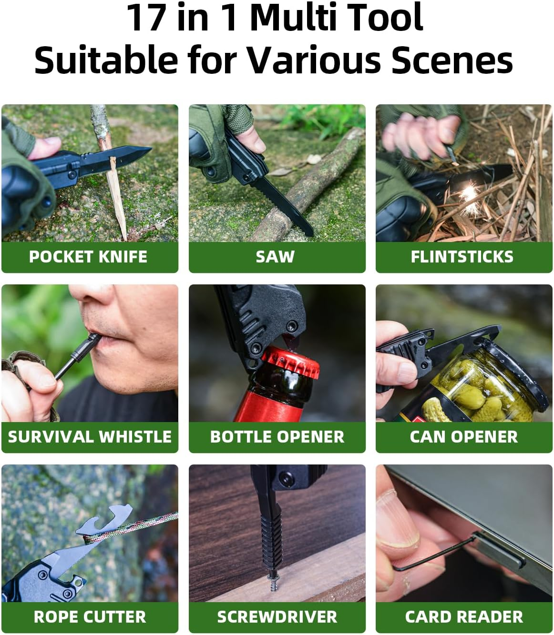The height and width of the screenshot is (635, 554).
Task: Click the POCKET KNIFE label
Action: (x=88, y=257)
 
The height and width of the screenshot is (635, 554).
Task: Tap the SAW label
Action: (x=275, y=257)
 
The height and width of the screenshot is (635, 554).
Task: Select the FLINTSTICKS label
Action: (x=462, y=257)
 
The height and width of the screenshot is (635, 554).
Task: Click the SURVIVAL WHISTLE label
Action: (x=89, y=437)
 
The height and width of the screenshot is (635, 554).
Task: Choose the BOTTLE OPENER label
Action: (x=277, y=437)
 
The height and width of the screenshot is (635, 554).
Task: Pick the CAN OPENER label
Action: (x=463, y=437)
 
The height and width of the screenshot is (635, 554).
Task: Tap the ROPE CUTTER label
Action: (x=90, y=617)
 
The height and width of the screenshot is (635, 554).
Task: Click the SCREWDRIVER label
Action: (x=277, y=617)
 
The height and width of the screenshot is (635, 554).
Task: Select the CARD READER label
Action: (x=464, y=617)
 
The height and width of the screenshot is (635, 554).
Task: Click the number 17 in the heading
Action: (x=147, y=18)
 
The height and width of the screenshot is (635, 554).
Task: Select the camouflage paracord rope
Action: (x=138, y=526)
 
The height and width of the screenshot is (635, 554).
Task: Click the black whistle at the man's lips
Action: (x=79, y=355)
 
